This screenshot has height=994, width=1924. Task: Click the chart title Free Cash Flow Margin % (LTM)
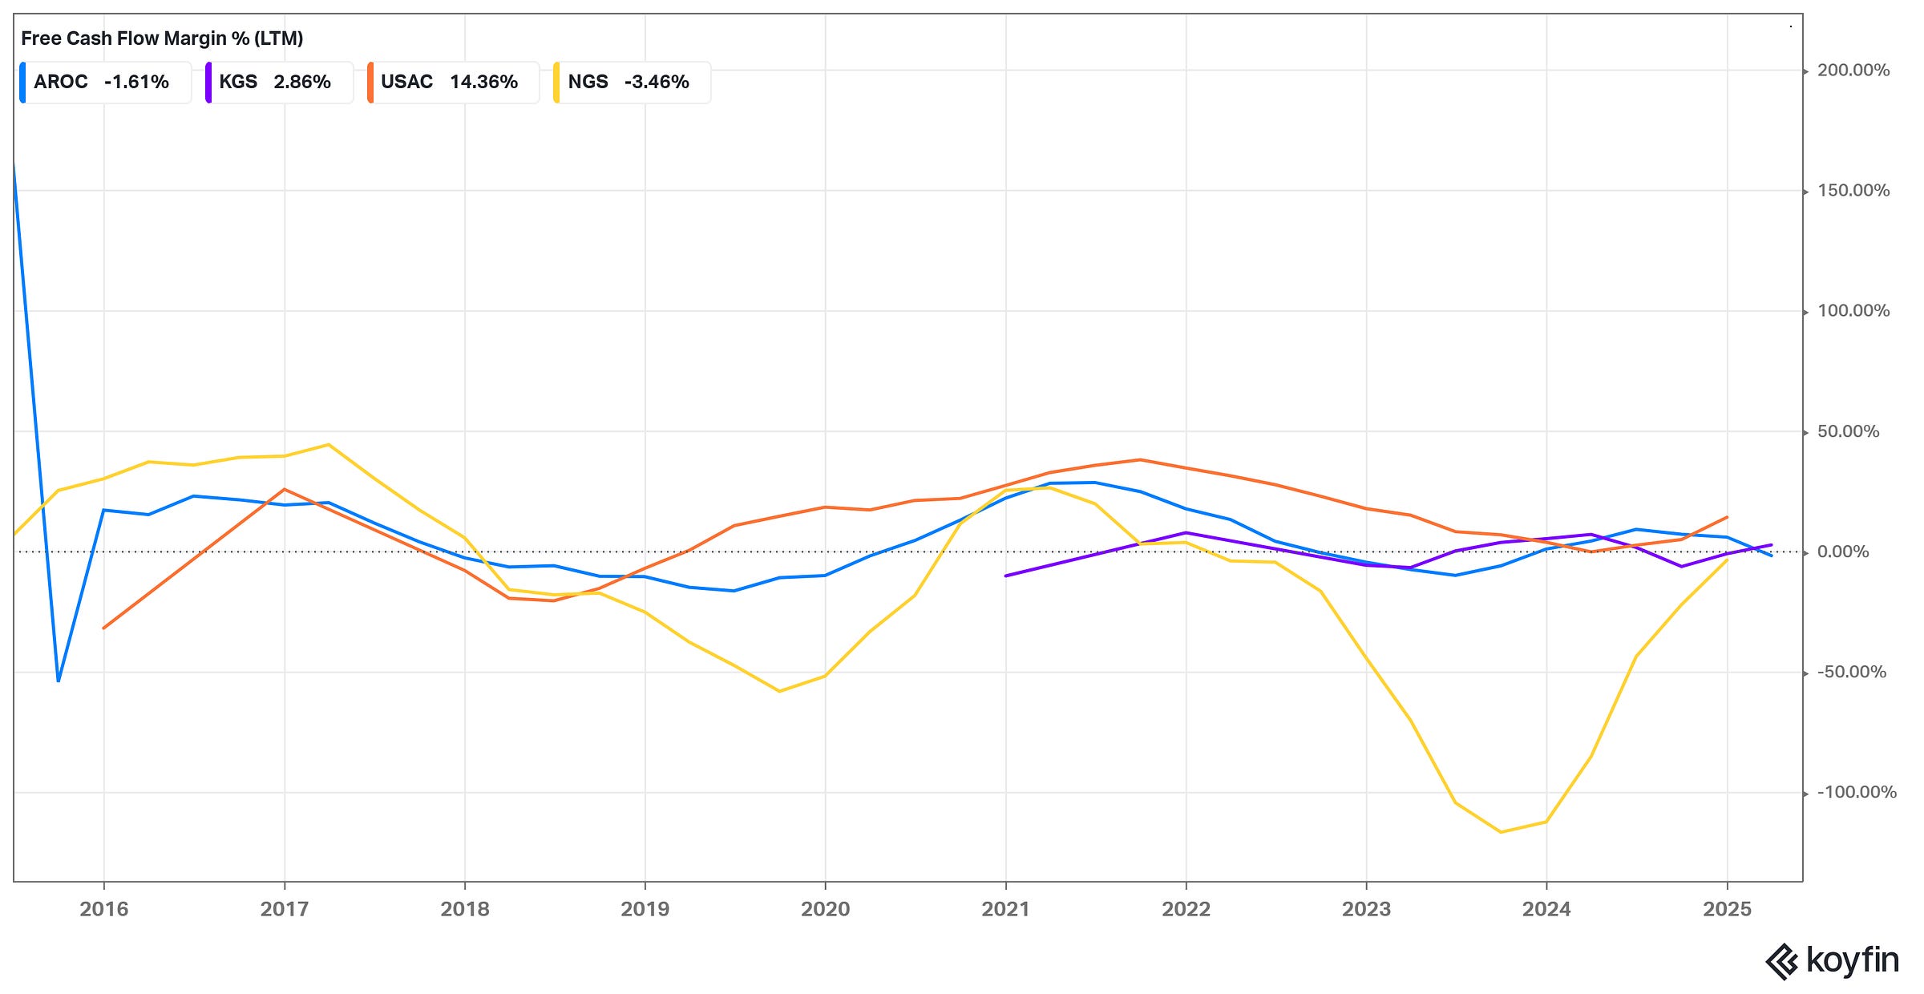pyautogui.click(x=162, y=38)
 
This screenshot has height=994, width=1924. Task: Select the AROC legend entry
pyautogui.click(x=104, y=82)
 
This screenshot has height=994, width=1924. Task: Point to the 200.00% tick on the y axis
pyautogui.click(x=1853, y=71)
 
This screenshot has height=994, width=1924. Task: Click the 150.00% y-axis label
pyautogui.click(x=1853, y=191)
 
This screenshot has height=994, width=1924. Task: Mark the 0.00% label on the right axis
pyautogui.click(x=1842, y=552)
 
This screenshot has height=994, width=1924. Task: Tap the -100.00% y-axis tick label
pyautogui.click(x=1856, y=793)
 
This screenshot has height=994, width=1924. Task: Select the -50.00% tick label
pyautogui.click(x=1851, y=673)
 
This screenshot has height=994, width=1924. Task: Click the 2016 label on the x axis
pyautogui.click(x=104, y=909)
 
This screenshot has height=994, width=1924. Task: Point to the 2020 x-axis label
pyautogui.click(x=825, y=909)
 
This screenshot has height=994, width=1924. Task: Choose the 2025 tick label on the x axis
pyautogui.click(x=1727, y=909)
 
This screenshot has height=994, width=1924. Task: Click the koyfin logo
pyautogui.click(x=1832, y=960)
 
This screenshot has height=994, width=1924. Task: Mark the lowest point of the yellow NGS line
pyautogui.click(x=1501, y=832)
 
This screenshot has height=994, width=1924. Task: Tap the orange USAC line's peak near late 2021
pyautogui.click(x=1140, y=460)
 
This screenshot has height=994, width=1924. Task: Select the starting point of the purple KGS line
pyautogui.click(x=1006, y=576)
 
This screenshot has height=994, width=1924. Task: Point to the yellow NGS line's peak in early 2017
pyautogui.click(x=329, y=445)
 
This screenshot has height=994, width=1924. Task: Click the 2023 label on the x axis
pyautogui.click(x=1366, y=909)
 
